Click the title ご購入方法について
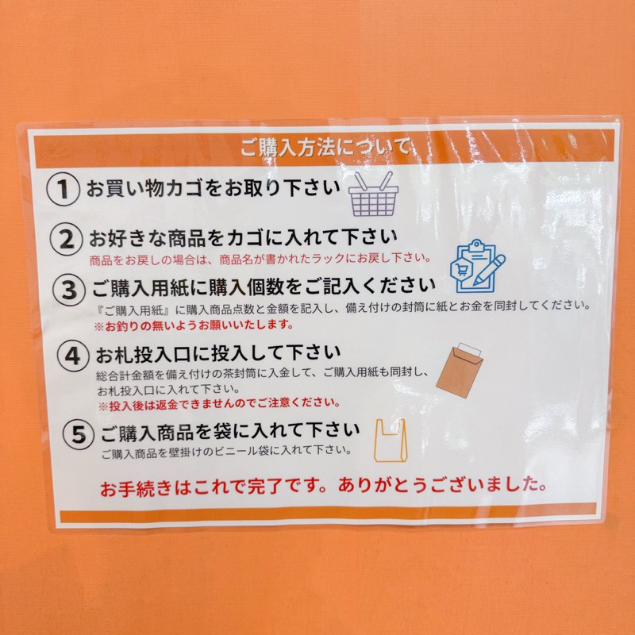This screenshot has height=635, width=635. (x=325, y=147)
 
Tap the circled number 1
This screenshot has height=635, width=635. (x=63, y=189)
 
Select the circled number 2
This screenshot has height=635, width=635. (x=67, y=239)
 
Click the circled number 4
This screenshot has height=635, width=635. (x=73, y=356)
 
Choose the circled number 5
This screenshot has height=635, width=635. (x=79, y=434)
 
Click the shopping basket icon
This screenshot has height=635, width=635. (x=373, y=194)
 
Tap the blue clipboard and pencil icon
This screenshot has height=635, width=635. (x=478, y=266)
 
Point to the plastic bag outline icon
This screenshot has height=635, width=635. (x=389, y=441)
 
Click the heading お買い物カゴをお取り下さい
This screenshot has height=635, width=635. (x=213, y=189)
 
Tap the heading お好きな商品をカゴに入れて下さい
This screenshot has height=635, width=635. (x=244, y=237)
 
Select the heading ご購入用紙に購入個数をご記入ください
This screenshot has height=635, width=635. (x=264, y=287)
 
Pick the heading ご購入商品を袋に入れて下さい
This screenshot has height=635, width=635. (x=230, y=432)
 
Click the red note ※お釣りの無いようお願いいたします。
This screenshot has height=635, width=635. (x=194, y=325)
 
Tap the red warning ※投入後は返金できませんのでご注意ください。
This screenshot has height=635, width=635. (x=219, y=404)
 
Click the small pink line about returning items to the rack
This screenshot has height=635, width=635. (x=260, y=259)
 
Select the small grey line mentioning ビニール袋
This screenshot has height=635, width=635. (x=226, y=451)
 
